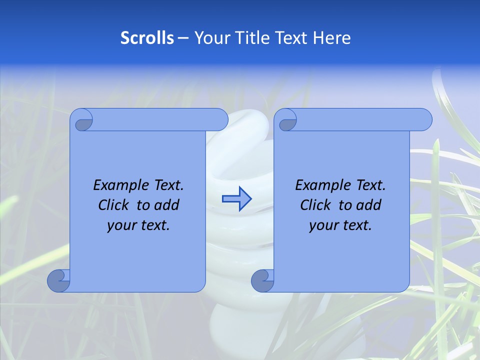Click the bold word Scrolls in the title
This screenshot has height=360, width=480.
147,38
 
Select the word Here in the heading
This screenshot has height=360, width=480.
332,38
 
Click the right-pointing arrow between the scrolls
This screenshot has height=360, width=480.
236,199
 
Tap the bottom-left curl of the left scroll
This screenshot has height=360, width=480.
59,280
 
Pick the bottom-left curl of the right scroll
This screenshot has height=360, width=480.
263,280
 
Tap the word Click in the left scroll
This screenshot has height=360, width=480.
114,205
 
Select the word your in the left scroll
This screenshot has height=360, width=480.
121,225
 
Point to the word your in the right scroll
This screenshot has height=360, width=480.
324,225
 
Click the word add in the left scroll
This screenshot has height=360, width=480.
167,205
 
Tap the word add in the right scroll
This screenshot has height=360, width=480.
369,205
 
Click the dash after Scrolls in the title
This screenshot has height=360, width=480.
183,38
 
